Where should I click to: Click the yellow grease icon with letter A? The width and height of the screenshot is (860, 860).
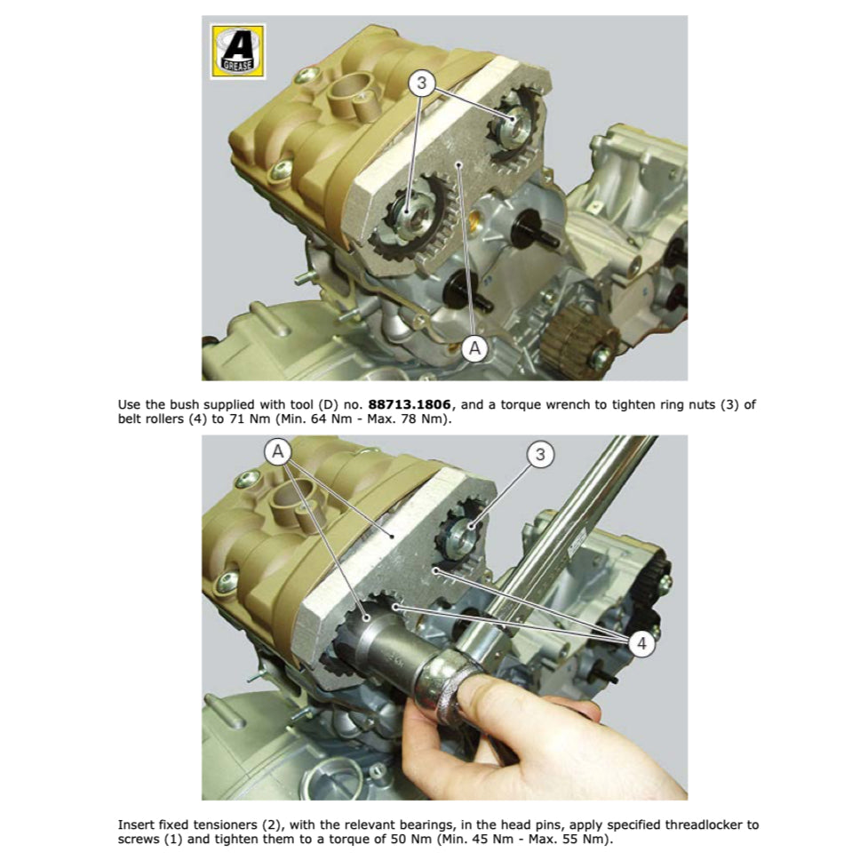[236, 51]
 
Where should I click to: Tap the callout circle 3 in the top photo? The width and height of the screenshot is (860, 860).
[422, 84]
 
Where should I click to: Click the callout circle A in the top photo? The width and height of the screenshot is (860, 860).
[474, 349]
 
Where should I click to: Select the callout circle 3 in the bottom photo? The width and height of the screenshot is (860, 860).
[539, 455]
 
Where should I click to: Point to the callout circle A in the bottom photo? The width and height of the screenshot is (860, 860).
[279, 452]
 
